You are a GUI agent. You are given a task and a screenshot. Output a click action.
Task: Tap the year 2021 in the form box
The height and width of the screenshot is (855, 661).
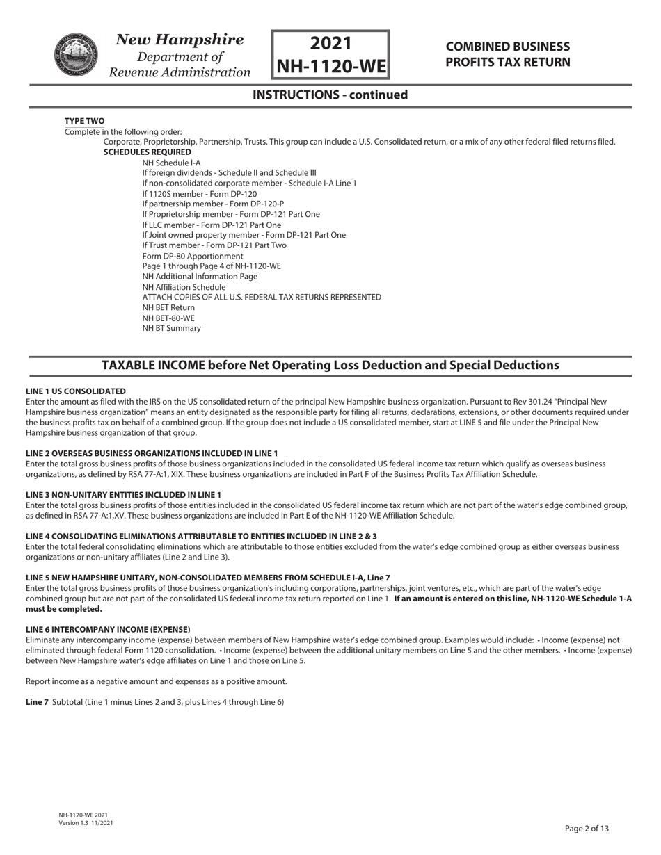(330, 43)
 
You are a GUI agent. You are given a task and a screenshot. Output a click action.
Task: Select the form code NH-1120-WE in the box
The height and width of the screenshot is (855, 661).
(330, 66)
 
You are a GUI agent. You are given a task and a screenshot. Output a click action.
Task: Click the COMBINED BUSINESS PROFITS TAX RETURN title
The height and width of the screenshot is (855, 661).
(507, 54)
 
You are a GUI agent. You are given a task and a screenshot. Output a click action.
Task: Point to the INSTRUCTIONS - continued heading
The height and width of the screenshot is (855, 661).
(330, 95)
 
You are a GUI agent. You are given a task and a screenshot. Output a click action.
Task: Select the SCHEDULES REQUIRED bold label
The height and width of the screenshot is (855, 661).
(147, 152)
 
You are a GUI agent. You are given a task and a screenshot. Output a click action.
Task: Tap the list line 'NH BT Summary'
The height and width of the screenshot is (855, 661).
(171, 328)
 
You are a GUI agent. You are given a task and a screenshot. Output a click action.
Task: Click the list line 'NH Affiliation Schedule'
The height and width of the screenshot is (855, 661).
(184, 287)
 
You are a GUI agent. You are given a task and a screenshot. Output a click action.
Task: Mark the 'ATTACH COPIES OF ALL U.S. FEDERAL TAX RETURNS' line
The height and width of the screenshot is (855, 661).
(262, 297)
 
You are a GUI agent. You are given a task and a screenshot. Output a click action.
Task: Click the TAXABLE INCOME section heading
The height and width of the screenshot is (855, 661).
(330, 365)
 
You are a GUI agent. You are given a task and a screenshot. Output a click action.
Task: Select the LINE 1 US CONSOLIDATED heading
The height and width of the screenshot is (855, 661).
(76, 391)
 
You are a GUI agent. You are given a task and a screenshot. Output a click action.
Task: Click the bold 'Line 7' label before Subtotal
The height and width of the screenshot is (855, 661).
(37, 702)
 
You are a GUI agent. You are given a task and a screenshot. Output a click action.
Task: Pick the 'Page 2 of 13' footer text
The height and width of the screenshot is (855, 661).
(587, 828)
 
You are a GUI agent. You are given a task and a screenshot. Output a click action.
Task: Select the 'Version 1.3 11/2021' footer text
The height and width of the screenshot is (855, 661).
(86, 823)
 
